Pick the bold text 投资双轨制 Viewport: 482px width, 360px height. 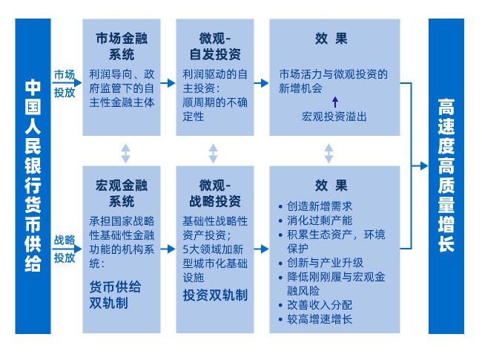(215, 295)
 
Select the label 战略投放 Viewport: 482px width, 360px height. (65, 249)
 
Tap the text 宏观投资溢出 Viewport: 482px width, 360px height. (334, 117)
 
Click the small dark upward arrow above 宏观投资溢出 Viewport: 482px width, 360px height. (334, 100)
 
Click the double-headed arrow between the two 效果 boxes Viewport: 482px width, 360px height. (329, 154)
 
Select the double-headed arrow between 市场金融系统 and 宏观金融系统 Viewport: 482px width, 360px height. (126, 154)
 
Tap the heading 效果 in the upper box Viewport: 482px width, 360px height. (330, 39)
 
